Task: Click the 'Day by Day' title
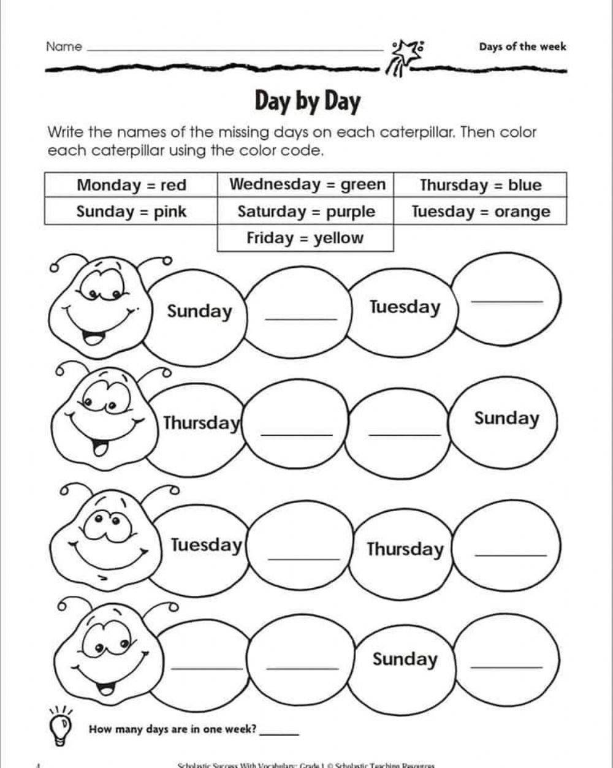coord(307,102)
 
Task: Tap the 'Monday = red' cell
coord(131,185)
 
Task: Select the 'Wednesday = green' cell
coord(307,184)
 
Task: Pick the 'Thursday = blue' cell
coord(481,185)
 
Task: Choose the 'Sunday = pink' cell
coord(131,212)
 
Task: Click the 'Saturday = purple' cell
coord(306,212)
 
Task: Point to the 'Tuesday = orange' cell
coord(481,212)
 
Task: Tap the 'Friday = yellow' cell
coord(305,238)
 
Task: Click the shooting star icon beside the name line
coord(405,55)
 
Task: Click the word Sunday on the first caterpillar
coord(200,311)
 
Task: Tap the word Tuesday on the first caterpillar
coord(405,307)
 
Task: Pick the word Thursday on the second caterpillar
coord(201,423)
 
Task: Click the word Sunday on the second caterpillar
coord(506,419)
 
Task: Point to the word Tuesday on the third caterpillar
coord(207,545)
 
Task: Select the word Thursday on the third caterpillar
coord(405,549)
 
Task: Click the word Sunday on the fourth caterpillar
coord(405,660)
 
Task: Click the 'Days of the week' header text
coord(522,47)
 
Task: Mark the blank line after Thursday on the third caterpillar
coord(510,555)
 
